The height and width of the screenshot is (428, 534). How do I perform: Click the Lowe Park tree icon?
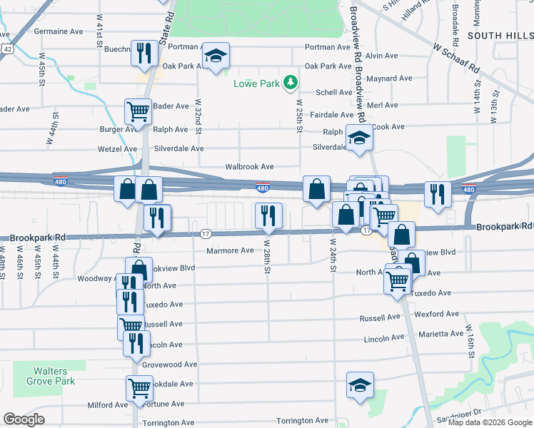[291, 83]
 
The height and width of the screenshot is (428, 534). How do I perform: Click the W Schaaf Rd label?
[455, 56]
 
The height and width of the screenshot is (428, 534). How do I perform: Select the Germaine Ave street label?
[59, 31]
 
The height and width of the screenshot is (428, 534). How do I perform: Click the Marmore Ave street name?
[230, 250]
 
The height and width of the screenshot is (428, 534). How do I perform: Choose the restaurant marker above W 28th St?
[268, 215]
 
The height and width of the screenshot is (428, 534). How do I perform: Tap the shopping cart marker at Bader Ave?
[138, 111]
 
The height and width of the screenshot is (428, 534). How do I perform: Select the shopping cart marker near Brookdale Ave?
[139, 389]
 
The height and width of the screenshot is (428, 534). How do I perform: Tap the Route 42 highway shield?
[6, 49]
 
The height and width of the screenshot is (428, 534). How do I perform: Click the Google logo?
[24, 419]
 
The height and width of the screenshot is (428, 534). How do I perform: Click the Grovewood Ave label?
[169, 365]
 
